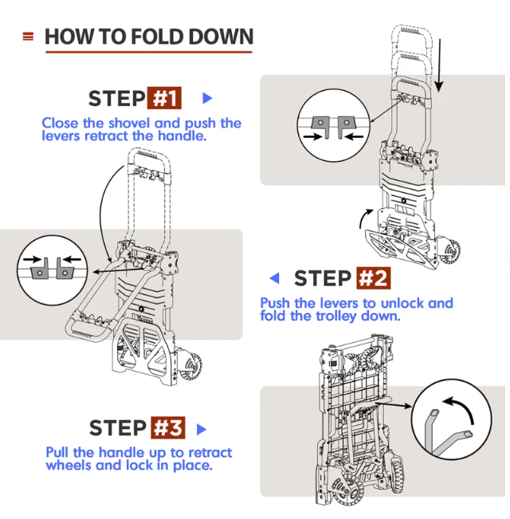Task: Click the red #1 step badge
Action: click(164, 98)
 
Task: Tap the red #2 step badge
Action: click(372, 278)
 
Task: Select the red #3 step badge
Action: click(167, 427)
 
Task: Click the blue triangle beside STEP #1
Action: click(207, 98)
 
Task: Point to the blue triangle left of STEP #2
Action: click(275, 278)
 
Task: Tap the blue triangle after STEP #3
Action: click(202, 428)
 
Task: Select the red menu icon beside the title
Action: click(29, 37)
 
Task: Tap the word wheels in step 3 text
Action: click(69, 465)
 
